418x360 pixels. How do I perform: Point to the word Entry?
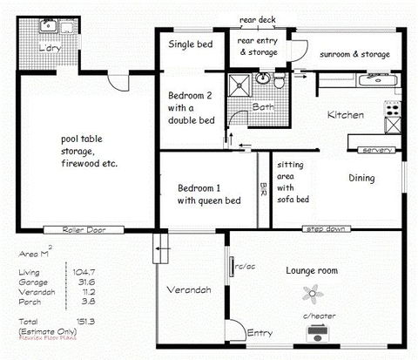point(260,332)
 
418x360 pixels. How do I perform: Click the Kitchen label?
point(345,115)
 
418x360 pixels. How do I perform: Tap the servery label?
point(376,150)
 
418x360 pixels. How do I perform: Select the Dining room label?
point(361,179)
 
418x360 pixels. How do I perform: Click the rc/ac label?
point(246,266)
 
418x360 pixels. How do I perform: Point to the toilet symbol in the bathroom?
point(277,82)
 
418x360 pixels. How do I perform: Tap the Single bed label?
point(190,44)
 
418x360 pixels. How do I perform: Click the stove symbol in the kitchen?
point(393,110)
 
